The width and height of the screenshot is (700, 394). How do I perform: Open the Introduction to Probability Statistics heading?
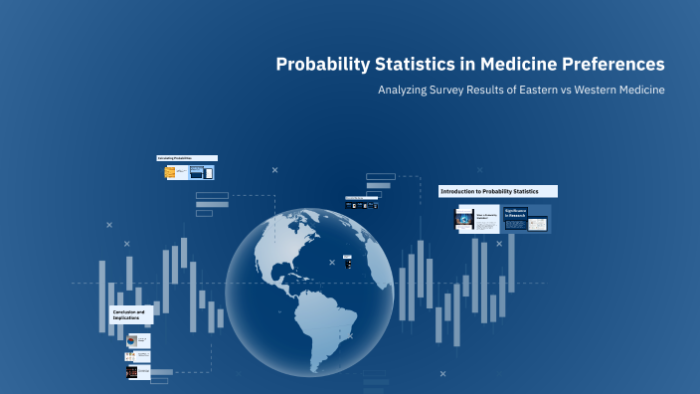tap(497, 191)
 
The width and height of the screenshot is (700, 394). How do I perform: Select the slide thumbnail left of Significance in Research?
tap(476, 219)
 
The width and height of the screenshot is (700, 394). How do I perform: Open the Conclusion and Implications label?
tap(130, 314)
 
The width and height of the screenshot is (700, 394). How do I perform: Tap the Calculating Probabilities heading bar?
tap(187, 158)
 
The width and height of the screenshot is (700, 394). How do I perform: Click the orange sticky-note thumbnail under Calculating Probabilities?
tap(170, 172)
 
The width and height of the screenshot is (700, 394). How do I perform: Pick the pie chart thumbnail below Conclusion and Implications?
tap(137, 340)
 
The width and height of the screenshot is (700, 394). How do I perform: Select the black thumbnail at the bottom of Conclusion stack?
tap(137, 372)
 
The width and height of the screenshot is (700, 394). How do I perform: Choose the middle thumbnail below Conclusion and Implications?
tap(137, 356)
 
